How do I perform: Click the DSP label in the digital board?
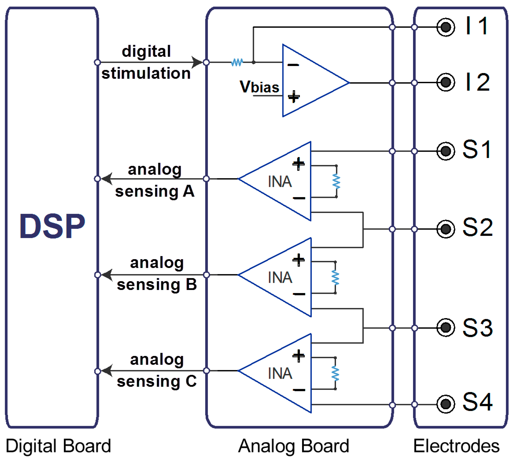tap(52, 226)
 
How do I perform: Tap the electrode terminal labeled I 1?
tap(446, 27)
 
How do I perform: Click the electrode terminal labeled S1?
tap(446, 151)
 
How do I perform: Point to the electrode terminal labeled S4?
tap(446, 404)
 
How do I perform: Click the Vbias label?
tap(259, 87)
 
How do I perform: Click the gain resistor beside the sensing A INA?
tap(336, 181)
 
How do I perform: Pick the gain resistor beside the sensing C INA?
tap(335, 373)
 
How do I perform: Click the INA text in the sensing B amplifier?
tap(280, 277)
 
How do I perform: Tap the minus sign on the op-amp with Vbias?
tap(293, 65)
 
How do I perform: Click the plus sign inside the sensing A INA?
tap(298, 164)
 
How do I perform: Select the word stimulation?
tap(146, 73)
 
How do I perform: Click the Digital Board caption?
tap(58, 446)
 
